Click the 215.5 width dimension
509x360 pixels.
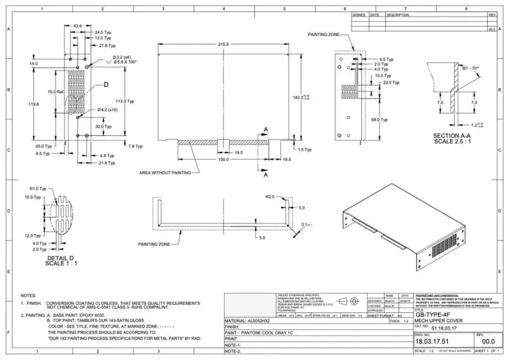222,44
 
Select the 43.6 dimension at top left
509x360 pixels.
78,26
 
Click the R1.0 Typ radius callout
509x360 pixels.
39,189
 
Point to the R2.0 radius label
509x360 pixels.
270,197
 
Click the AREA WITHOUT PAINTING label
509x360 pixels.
164,172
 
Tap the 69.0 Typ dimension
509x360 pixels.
379,119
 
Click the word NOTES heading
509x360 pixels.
28,295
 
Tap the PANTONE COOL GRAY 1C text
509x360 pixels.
270,332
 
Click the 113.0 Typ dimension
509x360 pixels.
125,101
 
